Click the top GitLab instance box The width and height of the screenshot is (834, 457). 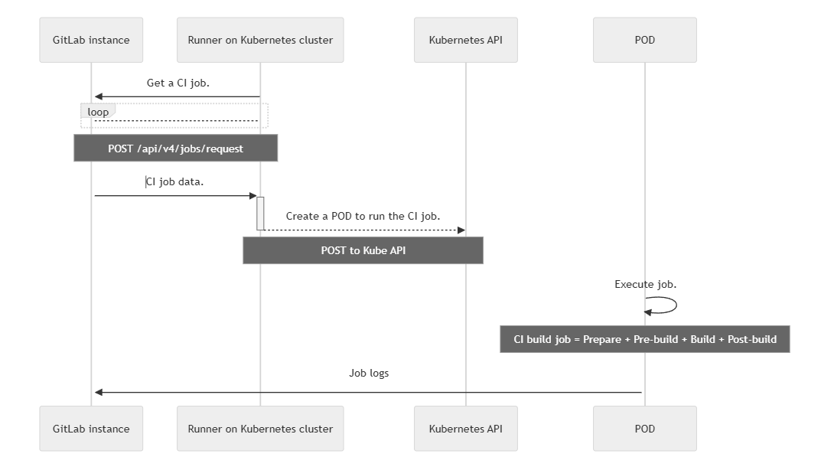(x=91, y=40)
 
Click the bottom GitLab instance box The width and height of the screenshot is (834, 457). (x=91, y=429)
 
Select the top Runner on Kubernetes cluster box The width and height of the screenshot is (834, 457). (x=260, y=40)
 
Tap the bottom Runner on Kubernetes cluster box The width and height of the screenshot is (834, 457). (x=260, y=429)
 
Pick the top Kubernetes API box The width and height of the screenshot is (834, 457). (x=466, y=40)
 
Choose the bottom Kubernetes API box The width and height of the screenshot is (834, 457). (x=466, y=429)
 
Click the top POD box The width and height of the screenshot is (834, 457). (x=645, y=40)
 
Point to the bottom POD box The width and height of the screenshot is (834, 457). (x=645, y=429)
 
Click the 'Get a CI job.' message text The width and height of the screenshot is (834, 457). (x=178, y=83)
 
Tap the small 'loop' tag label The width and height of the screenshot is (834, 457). (x=98, y=112)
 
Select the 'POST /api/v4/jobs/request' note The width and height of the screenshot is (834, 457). (x=175, y=149)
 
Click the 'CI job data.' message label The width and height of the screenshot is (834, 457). (x=175, y=182)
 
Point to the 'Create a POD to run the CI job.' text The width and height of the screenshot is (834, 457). (x=363, y=216)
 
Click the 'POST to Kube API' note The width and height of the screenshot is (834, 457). (x=363, y=250)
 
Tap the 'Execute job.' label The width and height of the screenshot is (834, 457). (x=645, y=284)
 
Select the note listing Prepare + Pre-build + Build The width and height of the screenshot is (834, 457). (x=645, y=339)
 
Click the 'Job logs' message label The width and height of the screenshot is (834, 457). (x=369, y=374)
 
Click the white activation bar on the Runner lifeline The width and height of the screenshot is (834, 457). (x=260, y=213)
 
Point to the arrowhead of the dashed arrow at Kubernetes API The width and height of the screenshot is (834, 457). (x=461, y=230)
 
